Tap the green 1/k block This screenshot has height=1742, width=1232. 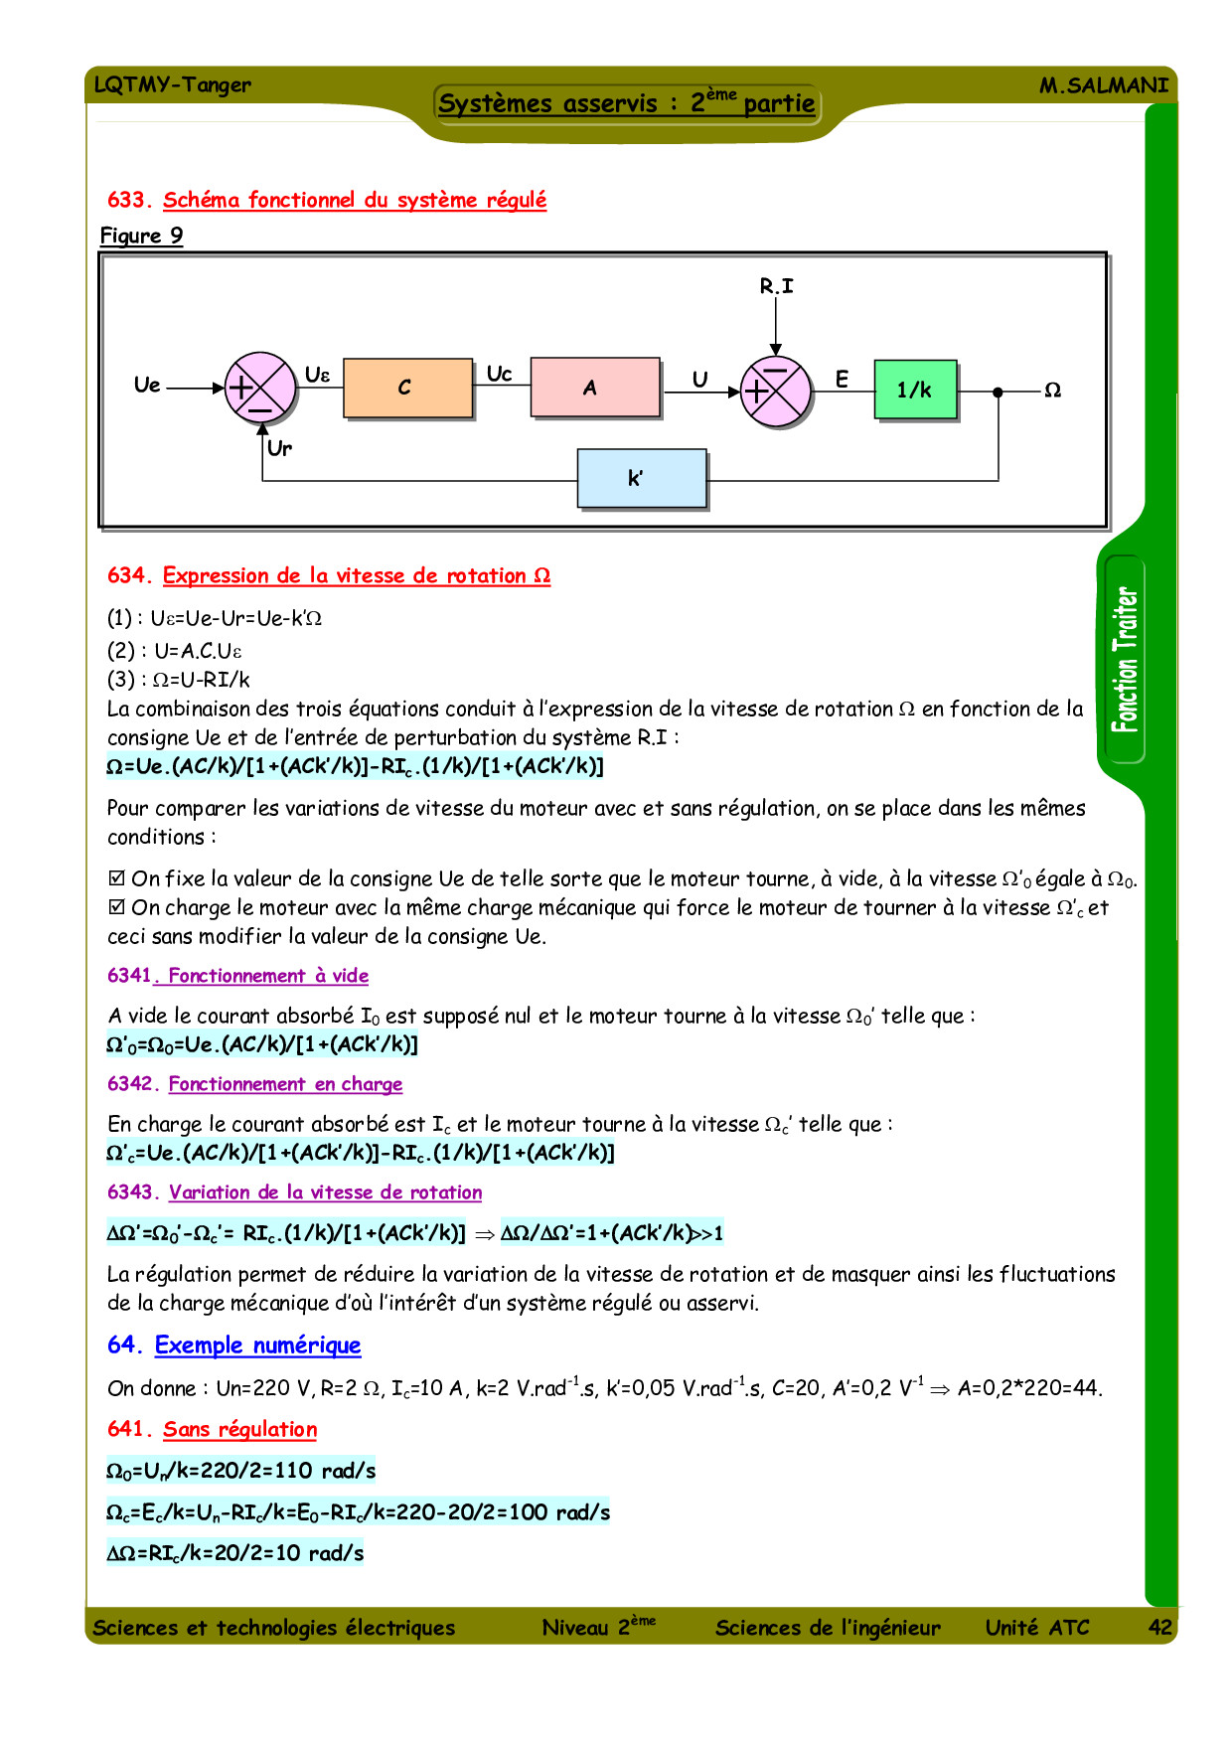coord(915,390)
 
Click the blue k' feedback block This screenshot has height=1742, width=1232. coord(642,479)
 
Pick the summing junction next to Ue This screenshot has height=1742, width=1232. coord(260,388)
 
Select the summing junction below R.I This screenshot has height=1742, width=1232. coord(776,391)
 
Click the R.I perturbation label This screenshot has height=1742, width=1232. coord(776,286)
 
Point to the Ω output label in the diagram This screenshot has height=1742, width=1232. coord(1053,391)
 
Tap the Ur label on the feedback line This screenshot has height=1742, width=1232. coord(280,448)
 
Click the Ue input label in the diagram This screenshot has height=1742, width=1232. coord(147,386)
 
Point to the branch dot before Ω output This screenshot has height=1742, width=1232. coord(998,393)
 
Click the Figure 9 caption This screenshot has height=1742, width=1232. coord(141,236)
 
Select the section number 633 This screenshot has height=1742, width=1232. coord(128,200)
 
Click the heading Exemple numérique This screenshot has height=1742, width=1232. coord(257,1346)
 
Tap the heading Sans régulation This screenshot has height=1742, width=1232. coord(239,1429)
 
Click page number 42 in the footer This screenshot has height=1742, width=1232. coord(1159,1627)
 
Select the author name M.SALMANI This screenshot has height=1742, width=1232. coord(1103,85)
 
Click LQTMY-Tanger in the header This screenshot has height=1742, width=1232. coord(172,84)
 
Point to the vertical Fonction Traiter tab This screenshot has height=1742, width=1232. coord(1125,660)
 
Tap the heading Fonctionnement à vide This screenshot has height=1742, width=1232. coord(267,976)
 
